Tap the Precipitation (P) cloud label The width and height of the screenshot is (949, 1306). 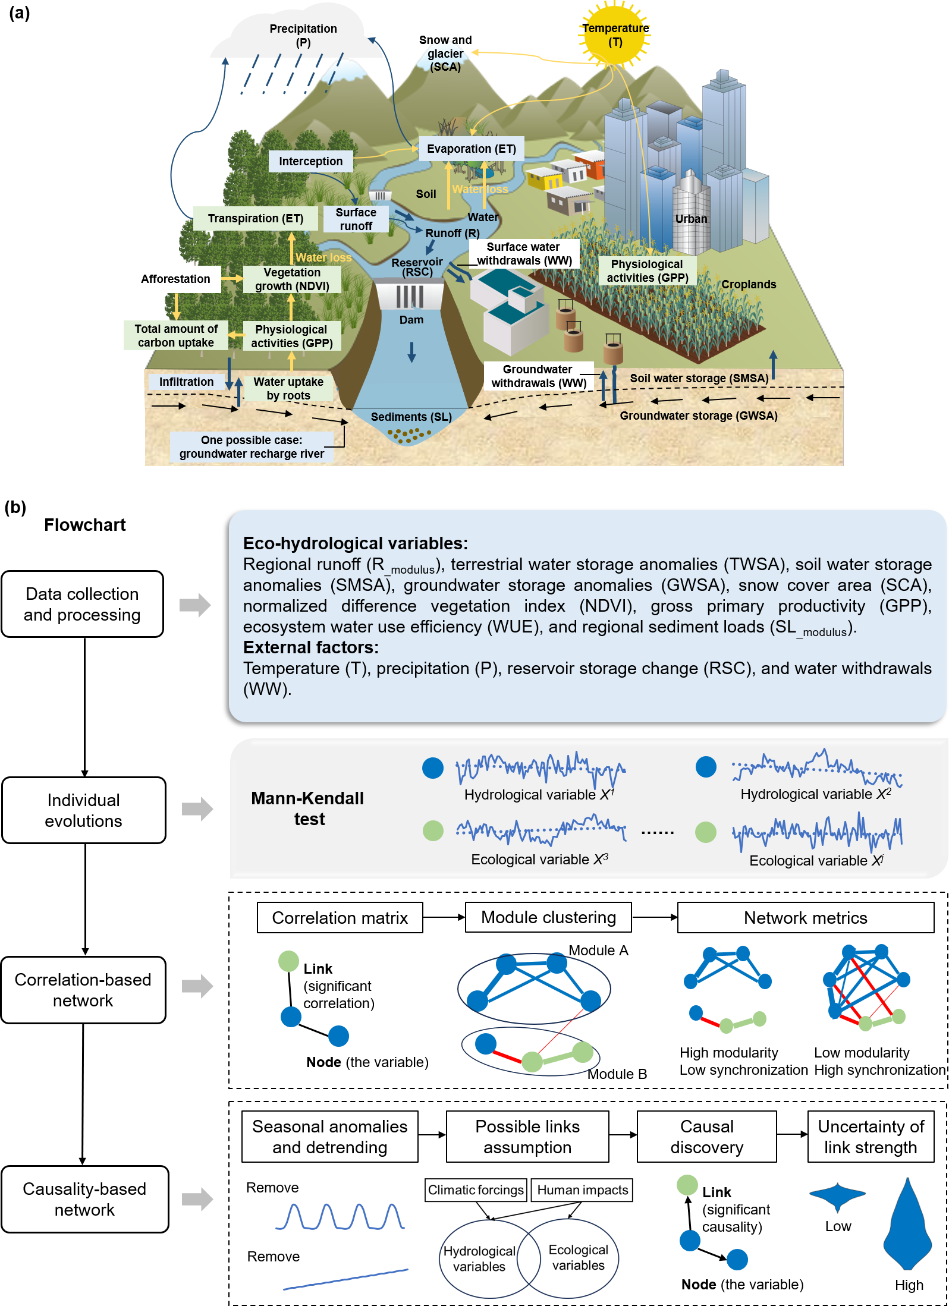303,36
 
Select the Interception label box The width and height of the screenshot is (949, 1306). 310,161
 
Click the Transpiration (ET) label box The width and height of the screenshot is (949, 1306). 255,218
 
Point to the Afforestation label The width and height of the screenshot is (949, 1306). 175,279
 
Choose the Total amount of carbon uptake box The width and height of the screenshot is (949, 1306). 176,336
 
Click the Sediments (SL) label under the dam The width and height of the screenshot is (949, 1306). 411,417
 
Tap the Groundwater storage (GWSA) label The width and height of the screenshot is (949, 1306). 698,416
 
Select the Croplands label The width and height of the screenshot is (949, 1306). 748,284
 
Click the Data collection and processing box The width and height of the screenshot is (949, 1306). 82,604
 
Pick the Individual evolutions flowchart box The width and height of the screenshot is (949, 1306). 83,810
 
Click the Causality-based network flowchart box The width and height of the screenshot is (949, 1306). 84,1199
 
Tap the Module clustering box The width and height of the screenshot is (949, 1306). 548,917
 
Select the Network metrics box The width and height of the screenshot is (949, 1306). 805,918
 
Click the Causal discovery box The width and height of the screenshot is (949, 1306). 706,1137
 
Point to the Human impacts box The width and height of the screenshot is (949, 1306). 582,1189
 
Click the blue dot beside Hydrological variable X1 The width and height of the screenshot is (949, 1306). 433,767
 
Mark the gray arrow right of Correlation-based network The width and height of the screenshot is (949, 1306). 197,986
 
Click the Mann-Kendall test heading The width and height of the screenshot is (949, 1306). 307,808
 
